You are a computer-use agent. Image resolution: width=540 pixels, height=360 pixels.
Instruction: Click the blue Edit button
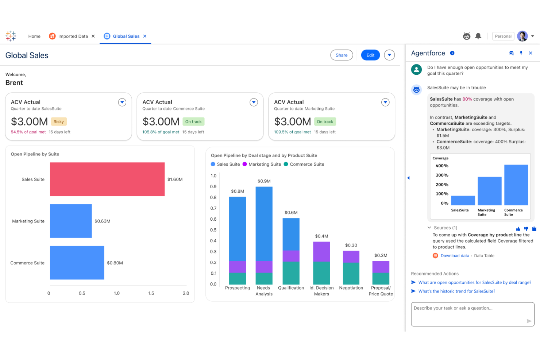tap(370, 55)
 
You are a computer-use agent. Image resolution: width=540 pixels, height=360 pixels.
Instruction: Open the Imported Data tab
tap(73, 36)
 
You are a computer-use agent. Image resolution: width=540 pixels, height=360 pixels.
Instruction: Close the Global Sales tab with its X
tap(145, 36)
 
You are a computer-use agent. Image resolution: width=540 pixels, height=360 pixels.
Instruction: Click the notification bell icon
tap(478, 36)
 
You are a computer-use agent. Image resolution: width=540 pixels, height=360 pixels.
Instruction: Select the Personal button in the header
tap(503, 36)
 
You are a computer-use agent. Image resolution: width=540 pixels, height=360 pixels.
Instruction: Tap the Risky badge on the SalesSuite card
tap(59, 122)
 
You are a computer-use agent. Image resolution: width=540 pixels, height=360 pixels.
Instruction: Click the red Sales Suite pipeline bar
tap(107, 179)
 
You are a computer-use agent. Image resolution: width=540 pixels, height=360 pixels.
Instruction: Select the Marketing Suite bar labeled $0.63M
tap(71, 221)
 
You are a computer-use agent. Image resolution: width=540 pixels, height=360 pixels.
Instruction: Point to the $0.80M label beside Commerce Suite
tap(115, 263)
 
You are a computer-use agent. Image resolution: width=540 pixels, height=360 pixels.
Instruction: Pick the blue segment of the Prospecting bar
tap(238, 229)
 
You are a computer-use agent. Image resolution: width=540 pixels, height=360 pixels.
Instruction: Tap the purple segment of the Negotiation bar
tap(351, 257)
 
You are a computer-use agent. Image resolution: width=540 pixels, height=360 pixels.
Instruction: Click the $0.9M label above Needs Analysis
tap(264, 181)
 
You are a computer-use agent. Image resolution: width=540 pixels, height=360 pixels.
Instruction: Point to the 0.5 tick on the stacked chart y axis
tap(213, 230)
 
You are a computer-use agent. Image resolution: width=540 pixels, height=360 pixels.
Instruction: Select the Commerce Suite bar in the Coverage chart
tap(516, 185)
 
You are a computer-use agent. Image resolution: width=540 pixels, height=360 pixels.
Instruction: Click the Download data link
tap(455, 256)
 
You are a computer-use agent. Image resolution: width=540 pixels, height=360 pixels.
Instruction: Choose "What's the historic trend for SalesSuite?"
tap(456, 291)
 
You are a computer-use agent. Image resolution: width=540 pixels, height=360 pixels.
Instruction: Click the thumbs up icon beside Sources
tap(518, 229)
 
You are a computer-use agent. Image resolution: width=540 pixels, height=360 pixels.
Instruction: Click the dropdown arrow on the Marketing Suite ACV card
tap(385, 102)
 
